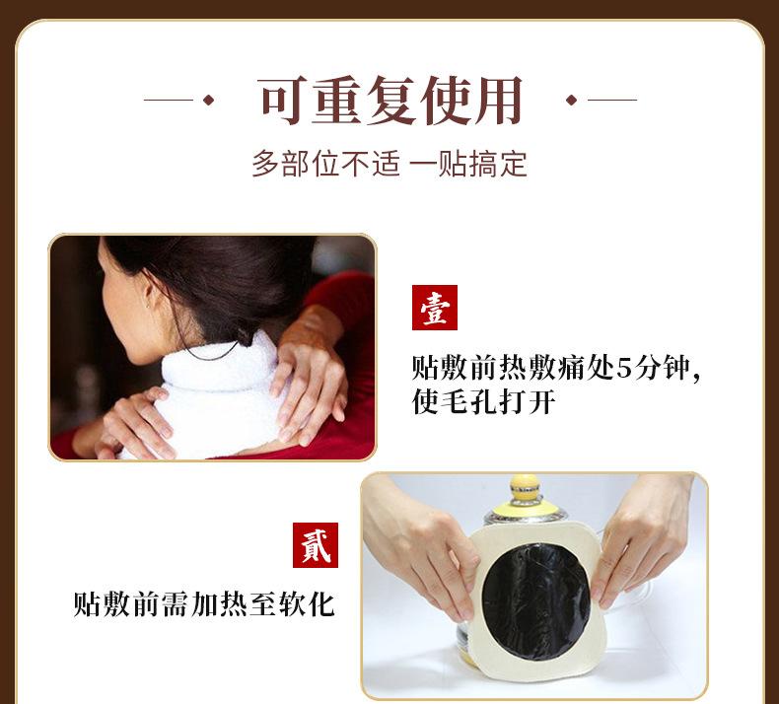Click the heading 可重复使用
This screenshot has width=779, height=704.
(x=390, y=100)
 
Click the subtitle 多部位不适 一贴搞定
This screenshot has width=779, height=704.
(x=389, y=163)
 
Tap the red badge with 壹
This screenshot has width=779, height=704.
(x=434, y=308)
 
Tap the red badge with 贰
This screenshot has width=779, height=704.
(x=315, y=545)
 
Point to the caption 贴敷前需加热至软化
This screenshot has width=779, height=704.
(x=204, y=603)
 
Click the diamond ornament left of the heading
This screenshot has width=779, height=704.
(x=207, y=100)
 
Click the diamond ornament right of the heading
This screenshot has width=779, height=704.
(x=571, y=100)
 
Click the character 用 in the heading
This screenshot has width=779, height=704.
(x=496, y=100)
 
